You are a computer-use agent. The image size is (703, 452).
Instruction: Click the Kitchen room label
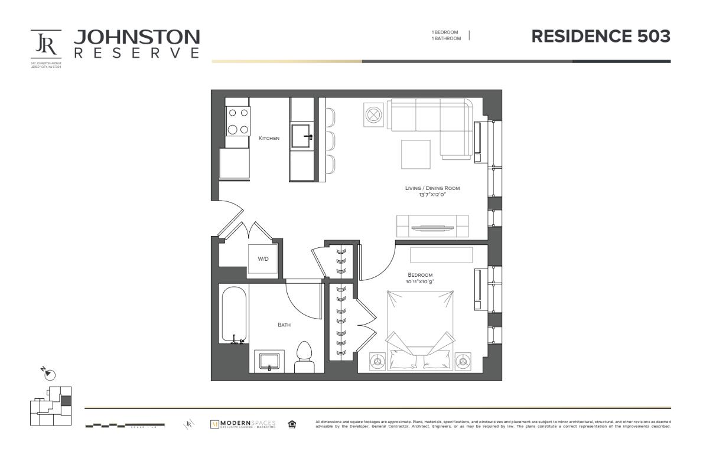point(269,138)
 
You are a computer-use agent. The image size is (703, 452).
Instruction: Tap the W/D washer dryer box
point(263,259)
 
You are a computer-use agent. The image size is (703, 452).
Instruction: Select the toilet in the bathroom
point(304,356)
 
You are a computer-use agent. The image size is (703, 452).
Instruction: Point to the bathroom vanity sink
point(269,360)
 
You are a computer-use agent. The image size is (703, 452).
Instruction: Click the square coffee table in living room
point(416,154)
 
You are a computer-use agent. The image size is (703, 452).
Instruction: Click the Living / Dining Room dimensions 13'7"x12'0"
point(432,194)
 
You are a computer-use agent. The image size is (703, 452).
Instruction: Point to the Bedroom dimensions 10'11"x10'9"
point(420,281)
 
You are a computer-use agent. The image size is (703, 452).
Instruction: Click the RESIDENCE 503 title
point(601,37)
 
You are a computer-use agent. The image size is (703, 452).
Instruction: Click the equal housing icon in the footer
point(292,424)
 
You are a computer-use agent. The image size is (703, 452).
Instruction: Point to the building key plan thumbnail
point(51,405)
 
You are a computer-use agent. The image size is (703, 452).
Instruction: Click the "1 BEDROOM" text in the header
point(446,32)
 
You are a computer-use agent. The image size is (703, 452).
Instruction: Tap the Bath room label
point(284,325)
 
